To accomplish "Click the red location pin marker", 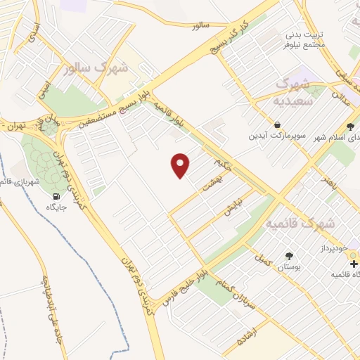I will click(181, 166).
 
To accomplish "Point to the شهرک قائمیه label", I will click(301, 223).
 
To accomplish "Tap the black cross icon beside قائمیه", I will click(354, 264).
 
